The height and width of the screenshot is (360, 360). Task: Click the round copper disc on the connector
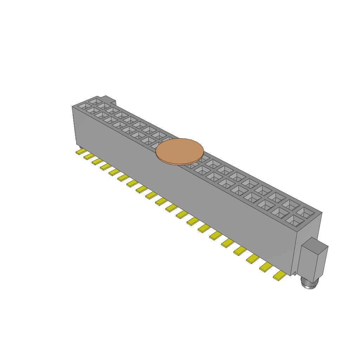180,151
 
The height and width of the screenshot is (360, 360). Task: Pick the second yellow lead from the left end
88,156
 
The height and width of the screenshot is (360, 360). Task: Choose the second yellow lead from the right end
266,268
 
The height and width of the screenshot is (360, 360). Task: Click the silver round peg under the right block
309,284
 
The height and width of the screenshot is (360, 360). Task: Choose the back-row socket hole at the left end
95,101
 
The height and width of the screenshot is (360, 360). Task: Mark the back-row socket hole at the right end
305,212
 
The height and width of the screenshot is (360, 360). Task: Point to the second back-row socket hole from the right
291,204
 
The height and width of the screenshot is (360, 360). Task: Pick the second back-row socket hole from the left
104,105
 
